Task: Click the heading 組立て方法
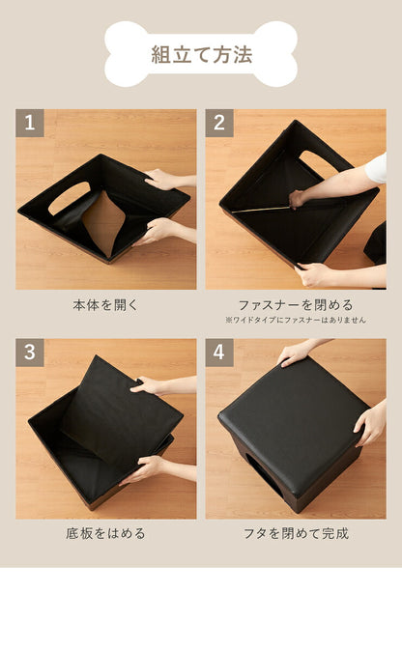[201, 55]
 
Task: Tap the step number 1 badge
[29, 123]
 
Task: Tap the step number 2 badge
[219, 123]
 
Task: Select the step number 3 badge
[29, 353]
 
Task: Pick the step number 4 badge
[219, 353]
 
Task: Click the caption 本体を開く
[105, 304]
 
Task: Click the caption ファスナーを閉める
[296, 304]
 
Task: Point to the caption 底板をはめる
[105, 533]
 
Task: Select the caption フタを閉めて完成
[296, 533]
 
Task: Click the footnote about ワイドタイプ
[296, 320]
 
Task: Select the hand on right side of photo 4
[369, 423]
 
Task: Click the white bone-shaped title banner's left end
[121, 55]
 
